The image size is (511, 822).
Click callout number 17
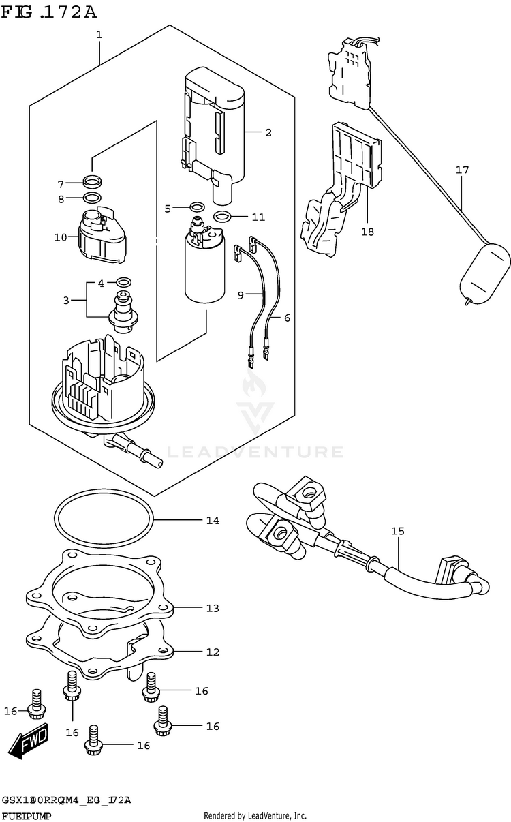pyautogui.click(x=463, y=170)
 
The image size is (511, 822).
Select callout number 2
pyautogui.click(x=268, y=132)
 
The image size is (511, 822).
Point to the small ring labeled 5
pyautogui.click(x=197, y=207)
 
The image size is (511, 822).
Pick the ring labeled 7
pyautogui.click(x=92, y=182)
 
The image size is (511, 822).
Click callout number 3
pyautogui.click(x=67, y=301)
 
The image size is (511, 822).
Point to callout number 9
pyautogui.click(x=241, y=296)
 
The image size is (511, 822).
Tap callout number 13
pyautogui.click(x=213, y=607)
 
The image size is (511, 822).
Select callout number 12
pyautogui.click(x=213, y=652)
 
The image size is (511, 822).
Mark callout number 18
pyautogui.click(x=367, y=232)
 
